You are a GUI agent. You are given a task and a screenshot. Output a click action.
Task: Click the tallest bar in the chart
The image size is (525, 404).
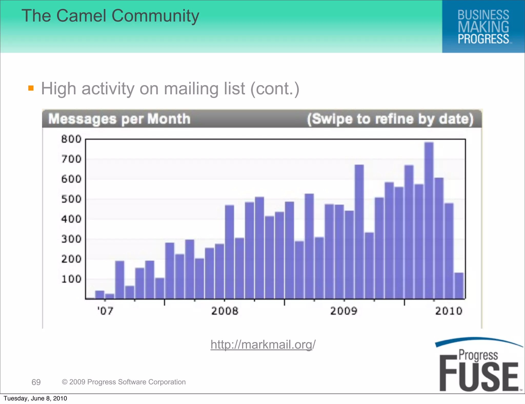(429, 220)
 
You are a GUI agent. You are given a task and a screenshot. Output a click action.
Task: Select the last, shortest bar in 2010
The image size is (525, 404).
(459, 286)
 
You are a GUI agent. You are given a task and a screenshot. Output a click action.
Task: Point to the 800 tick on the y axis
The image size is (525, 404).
(71, 139)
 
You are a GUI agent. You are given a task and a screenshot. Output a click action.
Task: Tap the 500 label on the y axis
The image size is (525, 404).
(71, 199)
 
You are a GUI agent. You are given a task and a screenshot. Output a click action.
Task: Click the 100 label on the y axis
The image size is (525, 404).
(71, 279)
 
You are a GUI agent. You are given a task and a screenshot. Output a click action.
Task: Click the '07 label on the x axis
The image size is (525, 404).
(105, 311)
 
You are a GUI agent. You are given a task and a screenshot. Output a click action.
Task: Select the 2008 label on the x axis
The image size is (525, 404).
(225, 311)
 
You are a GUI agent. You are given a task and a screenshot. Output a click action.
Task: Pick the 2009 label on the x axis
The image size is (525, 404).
(344, 311)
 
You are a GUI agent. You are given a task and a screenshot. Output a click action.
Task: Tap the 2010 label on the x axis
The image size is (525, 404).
(449, 311)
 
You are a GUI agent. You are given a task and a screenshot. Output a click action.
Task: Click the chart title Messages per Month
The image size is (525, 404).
(119, 119)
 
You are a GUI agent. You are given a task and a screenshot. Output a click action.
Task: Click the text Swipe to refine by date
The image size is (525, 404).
(390, 119)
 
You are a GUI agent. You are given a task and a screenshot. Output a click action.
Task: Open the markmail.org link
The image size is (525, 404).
(263, 344)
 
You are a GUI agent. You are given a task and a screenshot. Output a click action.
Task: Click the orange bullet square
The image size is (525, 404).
(31, 88)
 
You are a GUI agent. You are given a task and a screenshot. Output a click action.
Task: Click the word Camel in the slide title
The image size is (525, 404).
(81, 16)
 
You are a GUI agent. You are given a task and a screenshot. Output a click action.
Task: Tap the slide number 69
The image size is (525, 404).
(36, 382)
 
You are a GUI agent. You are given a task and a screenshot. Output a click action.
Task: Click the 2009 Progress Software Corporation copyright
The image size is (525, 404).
(124, 382)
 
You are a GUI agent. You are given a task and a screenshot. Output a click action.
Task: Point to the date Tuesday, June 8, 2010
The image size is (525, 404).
(35, 398)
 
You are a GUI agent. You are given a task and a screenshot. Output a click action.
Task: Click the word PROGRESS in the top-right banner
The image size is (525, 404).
(483, 39)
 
